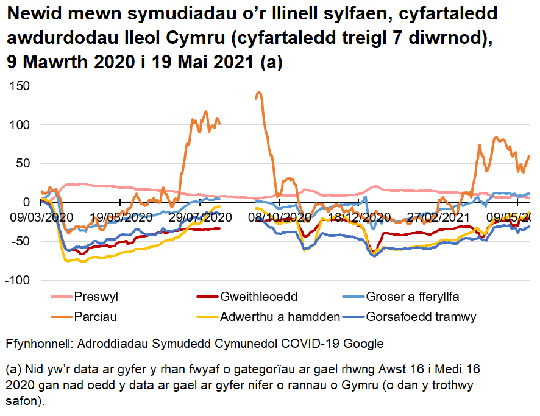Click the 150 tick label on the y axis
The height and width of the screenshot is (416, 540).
pos(20,86)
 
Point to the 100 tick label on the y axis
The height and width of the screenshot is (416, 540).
pos(20,125)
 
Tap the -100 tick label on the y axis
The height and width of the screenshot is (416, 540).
pos(16,280)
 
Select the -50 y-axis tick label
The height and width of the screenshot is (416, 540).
pos(20,241)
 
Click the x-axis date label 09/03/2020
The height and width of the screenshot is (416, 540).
pos(40,217)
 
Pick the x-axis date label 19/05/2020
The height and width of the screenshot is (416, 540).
pos(121,217)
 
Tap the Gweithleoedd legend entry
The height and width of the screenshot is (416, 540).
pos(258,297)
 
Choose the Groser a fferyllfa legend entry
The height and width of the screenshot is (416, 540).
pos(413,297)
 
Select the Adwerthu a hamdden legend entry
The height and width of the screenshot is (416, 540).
pos(280,317)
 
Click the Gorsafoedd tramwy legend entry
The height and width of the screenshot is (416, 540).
pos(421,317)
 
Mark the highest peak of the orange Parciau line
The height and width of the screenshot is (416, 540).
pos(259,93)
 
